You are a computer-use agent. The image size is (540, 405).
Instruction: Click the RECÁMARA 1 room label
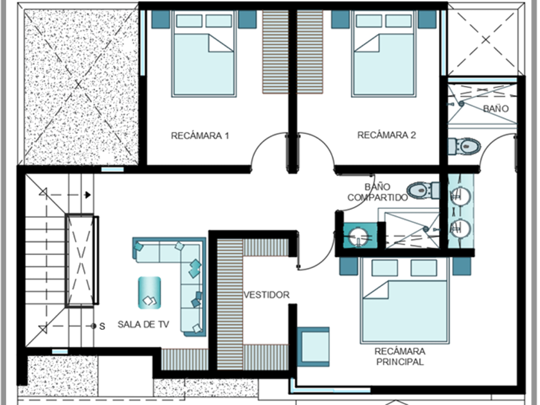point(200,136)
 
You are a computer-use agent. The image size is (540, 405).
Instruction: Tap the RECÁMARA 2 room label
point(386,135)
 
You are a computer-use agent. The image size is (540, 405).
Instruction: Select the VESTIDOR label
point(266,295)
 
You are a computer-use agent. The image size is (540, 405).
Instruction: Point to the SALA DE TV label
point(143,325)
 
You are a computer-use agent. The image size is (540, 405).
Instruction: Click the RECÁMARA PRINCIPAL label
point(400,356)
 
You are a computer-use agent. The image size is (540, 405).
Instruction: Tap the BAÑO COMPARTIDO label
point(377,192)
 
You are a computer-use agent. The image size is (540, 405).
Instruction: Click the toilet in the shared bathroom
point(423,190)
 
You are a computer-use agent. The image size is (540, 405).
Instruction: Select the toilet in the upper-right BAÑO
point(464,147)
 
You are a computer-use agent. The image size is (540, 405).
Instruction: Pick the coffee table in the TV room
point(149,292)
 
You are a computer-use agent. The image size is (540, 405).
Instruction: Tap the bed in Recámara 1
point(204,54)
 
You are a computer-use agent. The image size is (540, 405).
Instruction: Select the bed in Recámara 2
point(383,54)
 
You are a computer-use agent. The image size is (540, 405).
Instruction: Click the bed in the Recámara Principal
point(404,301)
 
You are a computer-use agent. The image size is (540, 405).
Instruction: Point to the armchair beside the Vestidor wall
point(313,346)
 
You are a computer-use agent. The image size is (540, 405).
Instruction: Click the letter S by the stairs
point(102,326)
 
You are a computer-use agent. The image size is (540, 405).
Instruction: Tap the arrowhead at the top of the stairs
point(88,195)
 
